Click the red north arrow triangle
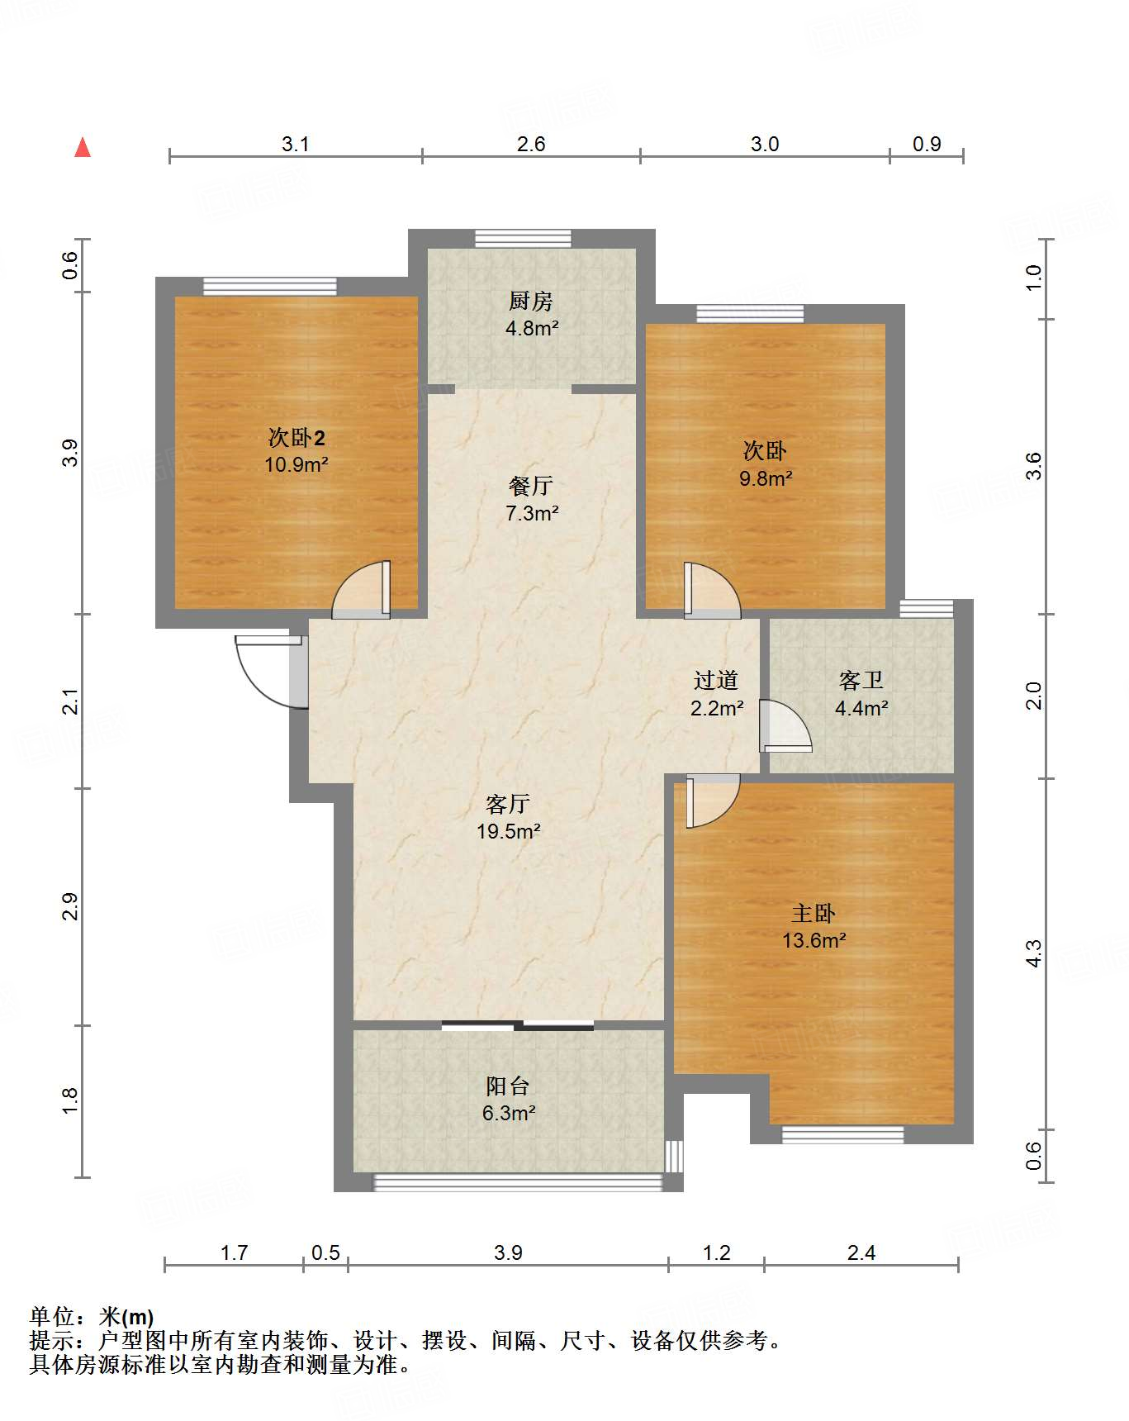(83, 148)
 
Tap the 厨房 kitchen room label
(531, 301)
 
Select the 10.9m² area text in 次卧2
(296, 464)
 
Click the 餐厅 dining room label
(531, 486)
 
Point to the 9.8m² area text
(766, 478)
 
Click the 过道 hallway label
(716, 681)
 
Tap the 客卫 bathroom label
(861, 681)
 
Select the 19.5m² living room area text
(508, 831)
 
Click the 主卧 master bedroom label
(814, 913)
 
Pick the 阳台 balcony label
(507, 1086)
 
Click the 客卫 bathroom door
(785, 727)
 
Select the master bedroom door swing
(712, 800)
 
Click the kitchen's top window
(523, 238)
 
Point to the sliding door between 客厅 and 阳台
(517, 1026)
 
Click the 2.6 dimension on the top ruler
(531, 144)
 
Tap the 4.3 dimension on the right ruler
(1034, 953)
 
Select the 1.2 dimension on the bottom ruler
(716, 1252)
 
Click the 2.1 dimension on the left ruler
(71, 701)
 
